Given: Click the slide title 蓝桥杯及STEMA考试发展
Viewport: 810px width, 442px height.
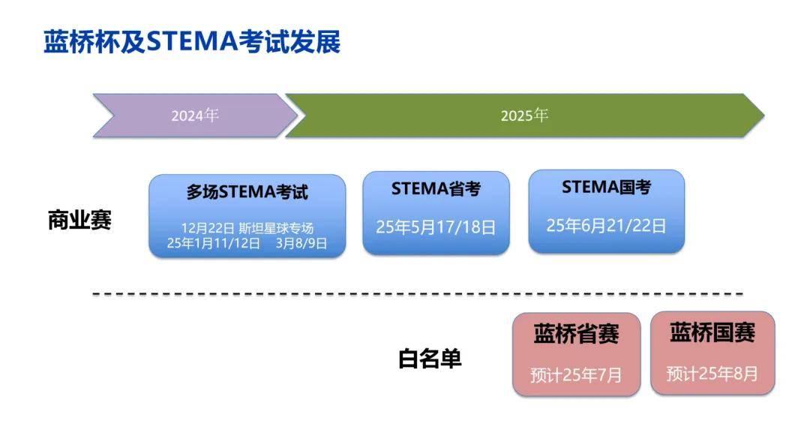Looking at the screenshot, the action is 192,41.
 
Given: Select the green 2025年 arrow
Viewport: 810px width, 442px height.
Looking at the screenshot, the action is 525,116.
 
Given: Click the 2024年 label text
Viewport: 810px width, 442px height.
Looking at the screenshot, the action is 195,116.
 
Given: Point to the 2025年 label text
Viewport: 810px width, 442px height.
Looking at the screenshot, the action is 524,116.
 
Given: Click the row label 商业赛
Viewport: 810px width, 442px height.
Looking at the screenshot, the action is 79,220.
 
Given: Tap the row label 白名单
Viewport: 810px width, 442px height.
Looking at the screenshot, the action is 430,358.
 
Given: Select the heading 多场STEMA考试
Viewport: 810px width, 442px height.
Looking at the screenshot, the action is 247,192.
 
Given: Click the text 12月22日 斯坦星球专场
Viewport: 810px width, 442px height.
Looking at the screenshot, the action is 247,228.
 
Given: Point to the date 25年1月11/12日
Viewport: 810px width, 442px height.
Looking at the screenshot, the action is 213,243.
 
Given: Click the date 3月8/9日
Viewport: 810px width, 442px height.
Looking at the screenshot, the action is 301,243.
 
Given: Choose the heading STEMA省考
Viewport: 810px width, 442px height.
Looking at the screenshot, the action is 436,188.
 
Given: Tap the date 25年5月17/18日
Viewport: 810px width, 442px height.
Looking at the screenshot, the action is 436,227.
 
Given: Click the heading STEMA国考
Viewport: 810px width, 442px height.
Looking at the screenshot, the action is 607,187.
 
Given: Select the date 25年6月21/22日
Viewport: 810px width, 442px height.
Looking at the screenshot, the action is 607,225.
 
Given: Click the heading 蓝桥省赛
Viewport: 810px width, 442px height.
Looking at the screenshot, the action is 577,334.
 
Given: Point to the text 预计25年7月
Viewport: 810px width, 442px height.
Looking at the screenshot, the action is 577,374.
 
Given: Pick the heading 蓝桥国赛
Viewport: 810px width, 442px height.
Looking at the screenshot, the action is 713,332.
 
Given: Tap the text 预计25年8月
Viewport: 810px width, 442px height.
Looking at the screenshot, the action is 713,373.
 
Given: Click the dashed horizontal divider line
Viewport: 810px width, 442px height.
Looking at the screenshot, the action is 418,293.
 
